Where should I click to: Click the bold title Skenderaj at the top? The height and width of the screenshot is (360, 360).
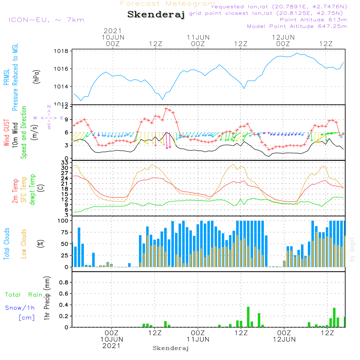click(x=156, y=15)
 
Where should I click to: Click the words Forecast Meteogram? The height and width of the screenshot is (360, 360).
click(x=168, y=4)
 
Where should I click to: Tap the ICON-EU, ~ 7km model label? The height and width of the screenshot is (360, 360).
click(x=46, y=20)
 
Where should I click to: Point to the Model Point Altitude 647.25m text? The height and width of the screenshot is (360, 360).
click(x=297, y=26)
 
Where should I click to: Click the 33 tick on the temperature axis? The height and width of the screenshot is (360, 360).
click(x=65, y=163)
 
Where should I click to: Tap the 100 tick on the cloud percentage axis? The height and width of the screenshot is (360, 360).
click(x=63, y=221)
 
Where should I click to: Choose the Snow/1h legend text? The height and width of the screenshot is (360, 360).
click(x=20, y=308)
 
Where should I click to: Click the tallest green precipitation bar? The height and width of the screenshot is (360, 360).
click(x=248, y=317)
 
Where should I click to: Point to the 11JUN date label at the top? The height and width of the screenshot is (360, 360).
click(x=198, y=37)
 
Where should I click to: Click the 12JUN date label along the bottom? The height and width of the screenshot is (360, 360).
click(x=284, y=339)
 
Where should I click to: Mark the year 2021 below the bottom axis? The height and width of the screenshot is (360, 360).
click(x=112, y=346)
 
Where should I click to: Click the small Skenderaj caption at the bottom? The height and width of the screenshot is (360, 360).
click(x=171, y=348)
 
